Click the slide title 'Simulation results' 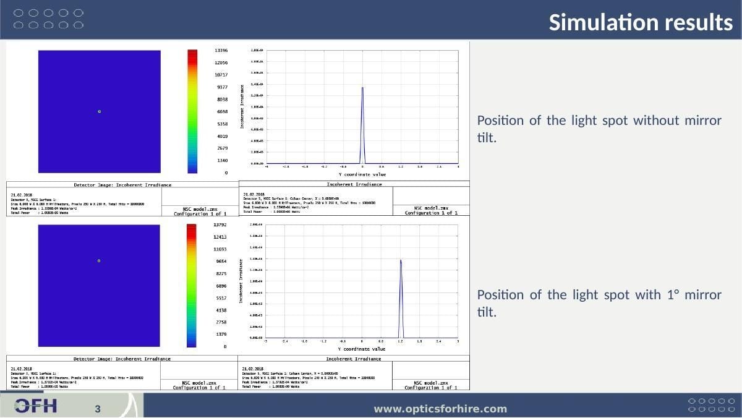(641, 22)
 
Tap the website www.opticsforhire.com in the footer (440, 409)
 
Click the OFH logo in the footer (36, 406)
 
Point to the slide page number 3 (97, 409)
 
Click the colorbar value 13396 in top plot (221, 50)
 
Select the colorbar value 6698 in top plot (221, 112)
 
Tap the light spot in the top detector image (99, 111)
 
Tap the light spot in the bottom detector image (99, 261)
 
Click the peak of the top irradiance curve (362, 88)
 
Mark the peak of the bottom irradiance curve (401, 260)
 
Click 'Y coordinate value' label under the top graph (362, 174)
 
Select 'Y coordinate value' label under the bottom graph (362, 349)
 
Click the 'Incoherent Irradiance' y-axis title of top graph (242, 106)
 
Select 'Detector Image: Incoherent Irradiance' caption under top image (122, 184)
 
